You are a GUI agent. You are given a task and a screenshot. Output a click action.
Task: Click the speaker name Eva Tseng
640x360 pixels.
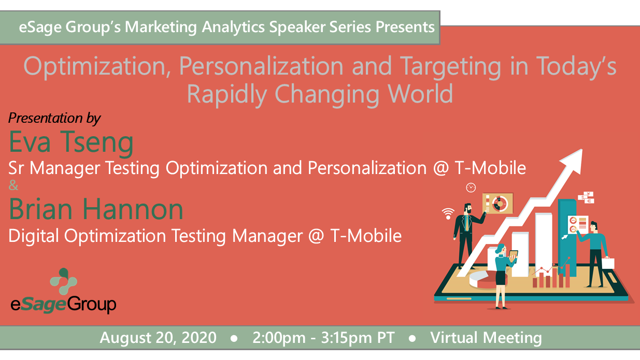tap(71, 142)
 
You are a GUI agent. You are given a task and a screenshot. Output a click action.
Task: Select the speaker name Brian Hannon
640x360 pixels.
tap(96, 209)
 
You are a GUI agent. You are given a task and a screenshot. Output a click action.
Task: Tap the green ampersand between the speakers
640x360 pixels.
tap(13, 185)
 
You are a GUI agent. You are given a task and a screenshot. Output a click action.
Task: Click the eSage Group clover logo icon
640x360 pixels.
tap(63, 281)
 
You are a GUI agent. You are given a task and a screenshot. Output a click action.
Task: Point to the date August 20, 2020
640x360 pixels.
tap(158, 338)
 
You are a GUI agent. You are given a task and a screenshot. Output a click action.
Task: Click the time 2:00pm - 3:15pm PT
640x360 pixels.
tap(323, 338)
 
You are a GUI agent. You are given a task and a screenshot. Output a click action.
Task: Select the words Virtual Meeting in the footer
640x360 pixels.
tap(486, 338)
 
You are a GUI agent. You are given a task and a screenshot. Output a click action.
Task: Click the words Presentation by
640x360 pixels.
tap(54, 118)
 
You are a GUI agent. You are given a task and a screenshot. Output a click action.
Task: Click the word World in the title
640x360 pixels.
tap(420, 94)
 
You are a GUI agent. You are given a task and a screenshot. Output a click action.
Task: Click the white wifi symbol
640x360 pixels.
tap(448, 213)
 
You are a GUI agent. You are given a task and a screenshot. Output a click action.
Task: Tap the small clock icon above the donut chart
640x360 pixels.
tap(471, 188)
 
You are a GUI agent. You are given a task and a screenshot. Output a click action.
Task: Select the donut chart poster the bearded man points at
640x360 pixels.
tap(497, 203)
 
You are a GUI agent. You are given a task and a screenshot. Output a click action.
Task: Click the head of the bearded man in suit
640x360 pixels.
tap(468, 208)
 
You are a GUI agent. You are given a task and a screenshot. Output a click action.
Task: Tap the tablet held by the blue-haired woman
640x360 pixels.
tap(513, 254)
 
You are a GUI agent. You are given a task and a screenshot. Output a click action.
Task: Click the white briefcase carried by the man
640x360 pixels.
tap(608, 263)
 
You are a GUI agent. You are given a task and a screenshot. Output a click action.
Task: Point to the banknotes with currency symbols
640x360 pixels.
tap(586, 197)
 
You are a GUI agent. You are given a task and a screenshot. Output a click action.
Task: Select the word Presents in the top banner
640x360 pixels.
tap(405, 27)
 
